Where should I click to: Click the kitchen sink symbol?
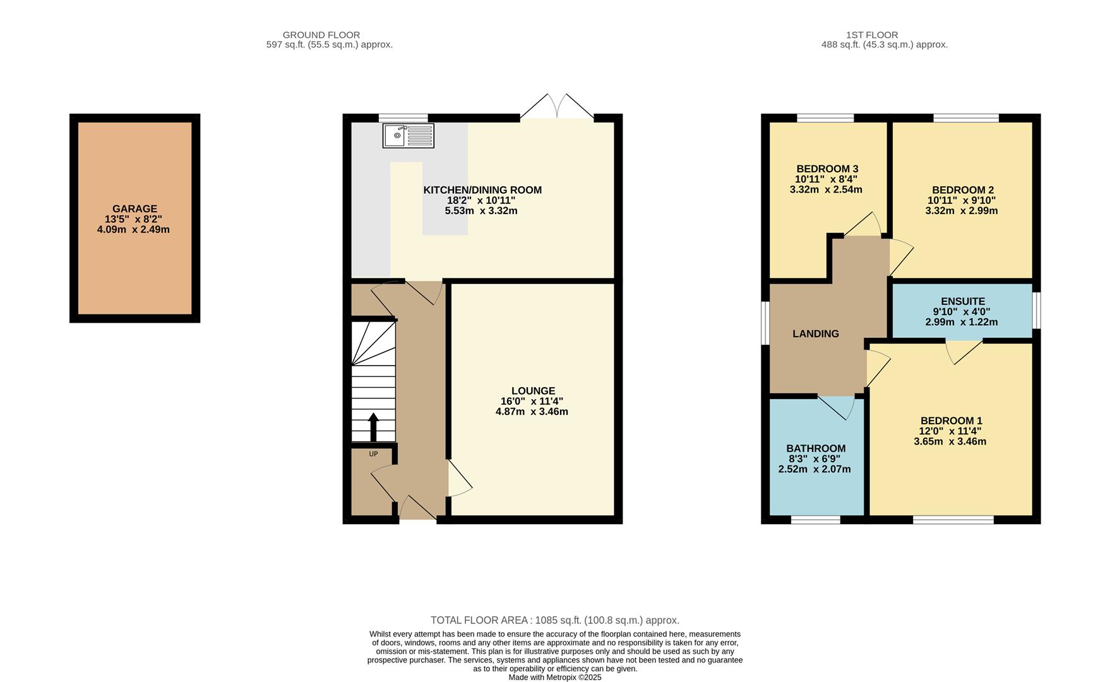(x=408, y=136)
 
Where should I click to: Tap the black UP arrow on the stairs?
(x=373, y=427)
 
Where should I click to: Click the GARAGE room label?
(x=134, y=209)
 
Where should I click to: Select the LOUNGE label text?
(x=533, y=391)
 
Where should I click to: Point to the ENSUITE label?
(x=962, y=301)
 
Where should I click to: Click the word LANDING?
(x=815, y=333)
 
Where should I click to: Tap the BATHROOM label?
(x=816, y=448)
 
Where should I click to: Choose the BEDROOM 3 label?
(x=827, y=169)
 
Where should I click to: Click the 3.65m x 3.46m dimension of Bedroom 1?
(x=950, y=441)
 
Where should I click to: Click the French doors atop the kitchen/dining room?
(x=557, y=107)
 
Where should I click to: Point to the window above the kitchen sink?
(x=403, y=117)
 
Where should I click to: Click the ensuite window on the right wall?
(x=1036, y=310)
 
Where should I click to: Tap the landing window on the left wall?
(x=765, y=323)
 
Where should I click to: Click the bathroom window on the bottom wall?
(x=815, y=520)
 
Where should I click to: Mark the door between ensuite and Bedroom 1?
(x=964, y=350)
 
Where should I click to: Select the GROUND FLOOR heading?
(x=321, y=35)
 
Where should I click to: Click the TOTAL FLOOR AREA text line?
(x=554, y=620)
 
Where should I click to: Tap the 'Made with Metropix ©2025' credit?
(x=554, y=677)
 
